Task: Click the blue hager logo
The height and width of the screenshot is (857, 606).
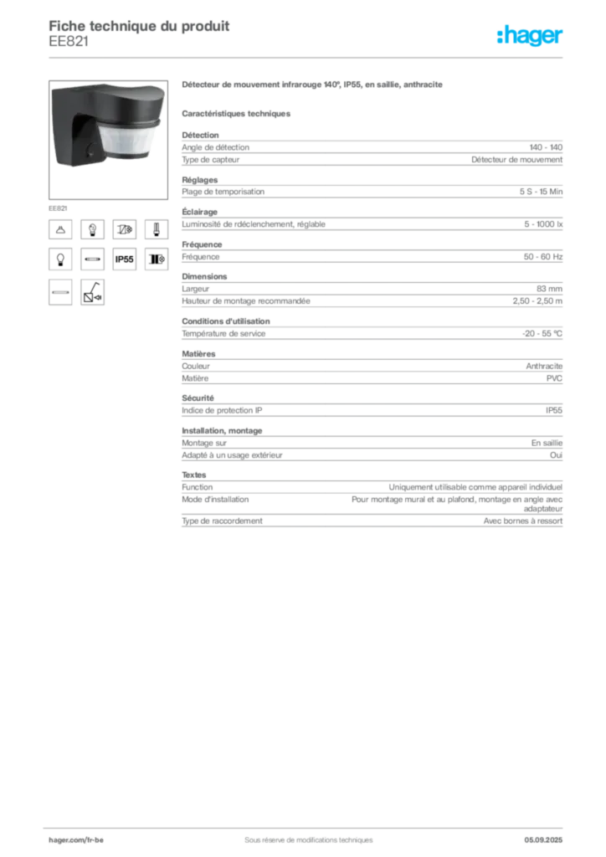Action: tap(531, 37)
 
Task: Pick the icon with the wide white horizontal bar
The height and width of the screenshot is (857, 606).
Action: tap(59, 292)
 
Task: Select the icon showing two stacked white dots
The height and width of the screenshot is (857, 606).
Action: tap(92, 229)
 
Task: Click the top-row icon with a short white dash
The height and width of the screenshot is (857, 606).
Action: tap(156, 229)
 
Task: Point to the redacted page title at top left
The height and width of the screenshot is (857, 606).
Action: tap(139, 30)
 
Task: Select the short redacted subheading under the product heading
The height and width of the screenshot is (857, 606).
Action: tap(238, 112)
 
